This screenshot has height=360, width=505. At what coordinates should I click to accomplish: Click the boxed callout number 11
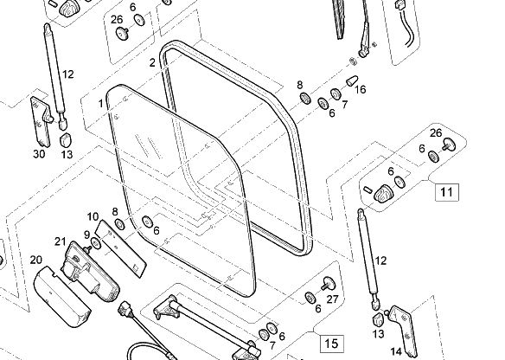[446, 192]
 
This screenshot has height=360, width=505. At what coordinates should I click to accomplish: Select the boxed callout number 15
[331, 344]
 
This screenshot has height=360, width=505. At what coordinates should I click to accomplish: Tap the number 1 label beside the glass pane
[101, 104]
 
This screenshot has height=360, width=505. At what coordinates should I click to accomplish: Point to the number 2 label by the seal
[152, 62]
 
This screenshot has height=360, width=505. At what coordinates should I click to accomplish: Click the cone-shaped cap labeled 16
[352, 80]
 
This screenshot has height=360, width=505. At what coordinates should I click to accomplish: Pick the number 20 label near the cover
[36, 260]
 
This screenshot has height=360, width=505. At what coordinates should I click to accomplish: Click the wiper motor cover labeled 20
[62, 296]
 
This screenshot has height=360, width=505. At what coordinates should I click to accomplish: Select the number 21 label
[61, 241]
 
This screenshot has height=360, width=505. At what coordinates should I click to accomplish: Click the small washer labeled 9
[96, 244]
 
